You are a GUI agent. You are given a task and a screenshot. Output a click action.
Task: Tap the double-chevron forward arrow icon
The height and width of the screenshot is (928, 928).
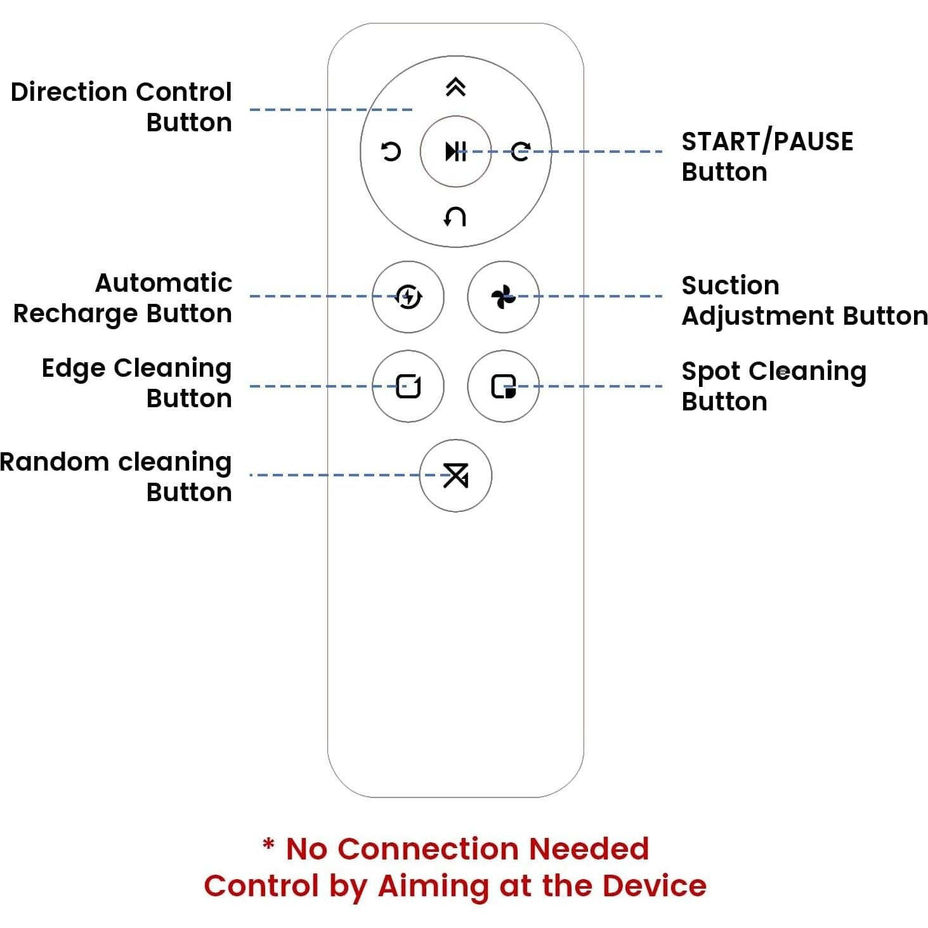(x=455, y=87)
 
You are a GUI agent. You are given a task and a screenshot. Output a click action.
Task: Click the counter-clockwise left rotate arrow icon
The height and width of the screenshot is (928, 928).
(x=391, y=152)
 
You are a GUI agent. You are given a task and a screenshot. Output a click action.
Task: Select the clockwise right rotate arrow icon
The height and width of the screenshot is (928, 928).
(x=521, y=152)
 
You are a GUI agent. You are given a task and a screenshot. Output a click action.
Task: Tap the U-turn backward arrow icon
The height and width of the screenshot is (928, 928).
(x=455, y=217)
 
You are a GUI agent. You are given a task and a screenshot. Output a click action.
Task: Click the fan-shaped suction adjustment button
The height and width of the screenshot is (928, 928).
(x=503, y=296)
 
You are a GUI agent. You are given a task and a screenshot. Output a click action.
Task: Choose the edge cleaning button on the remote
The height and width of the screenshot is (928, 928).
(x=408, y=386)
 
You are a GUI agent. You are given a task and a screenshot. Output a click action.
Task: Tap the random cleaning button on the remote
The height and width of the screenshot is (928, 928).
(x=455, y=475)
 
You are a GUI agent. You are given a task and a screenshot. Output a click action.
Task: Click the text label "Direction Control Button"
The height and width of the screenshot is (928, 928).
(x=122, y=107)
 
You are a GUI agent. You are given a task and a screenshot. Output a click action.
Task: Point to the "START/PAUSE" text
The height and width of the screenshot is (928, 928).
(x=767, y=141)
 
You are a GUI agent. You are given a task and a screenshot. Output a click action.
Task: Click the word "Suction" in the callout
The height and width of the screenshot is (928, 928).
(x=730, y=285)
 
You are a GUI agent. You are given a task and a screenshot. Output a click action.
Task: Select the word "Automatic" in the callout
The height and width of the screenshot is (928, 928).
(x=164, y=283)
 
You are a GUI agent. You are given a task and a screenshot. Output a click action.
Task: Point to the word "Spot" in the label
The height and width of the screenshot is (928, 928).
(x=710, y=372)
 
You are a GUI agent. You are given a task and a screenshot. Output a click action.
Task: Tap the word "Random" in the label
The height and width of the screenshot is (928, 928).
(x=55, y=462)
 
